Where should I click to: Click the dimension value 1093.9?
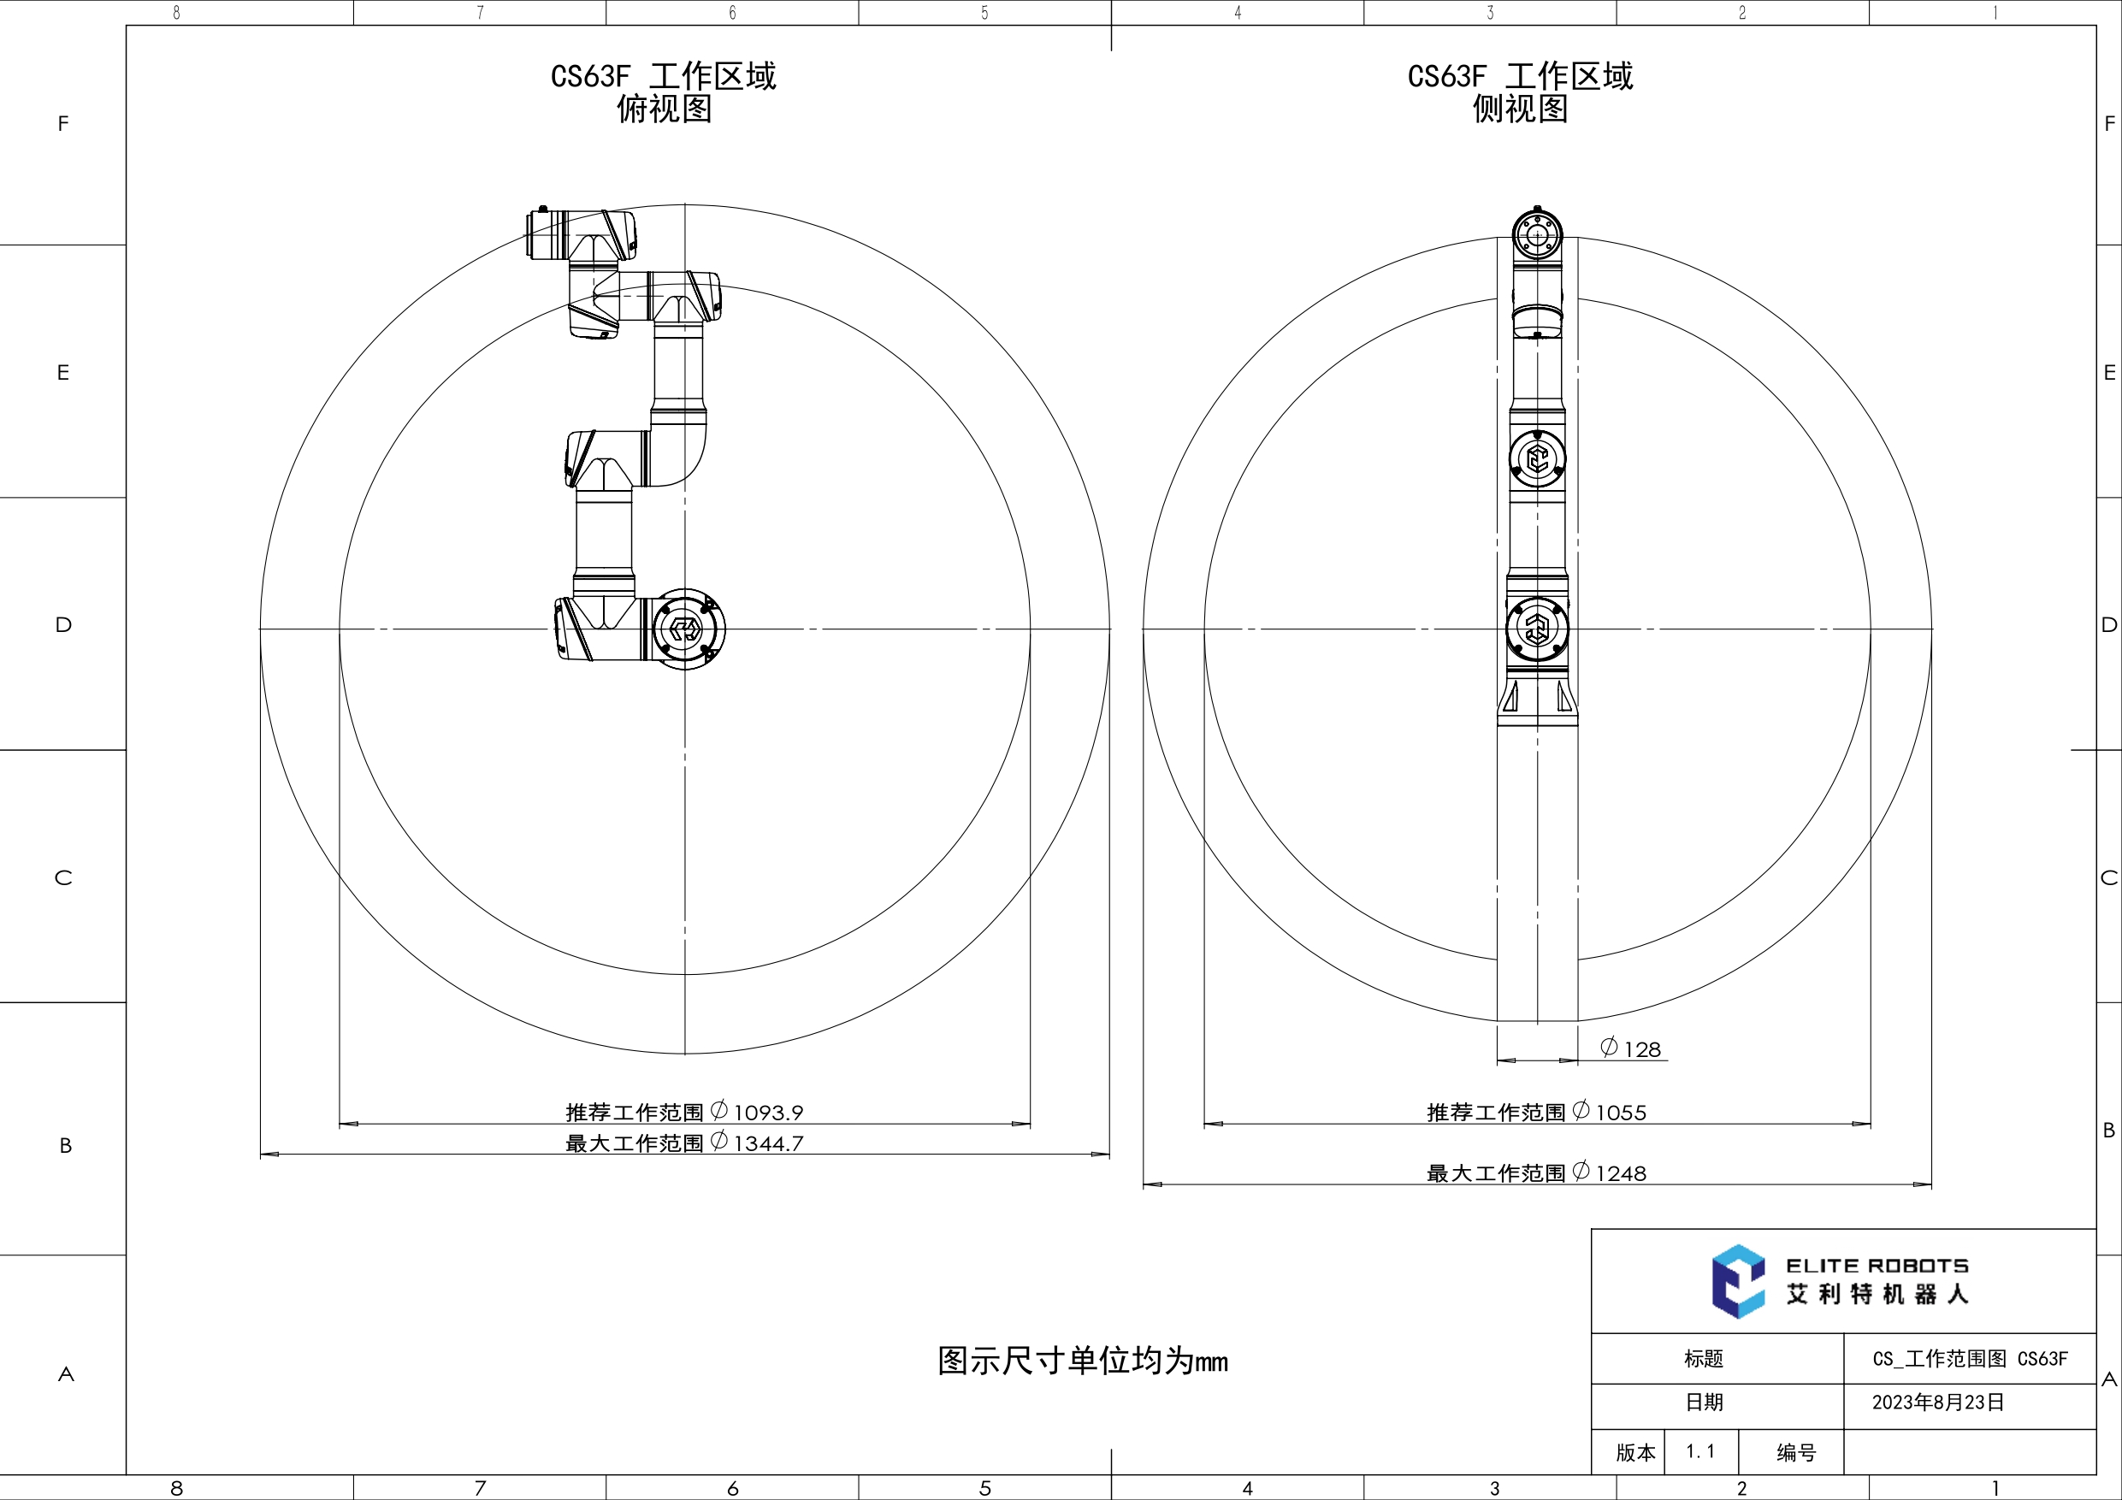click(x=768, y=1113)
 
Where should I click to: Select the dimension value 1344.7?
click(x=768, y=1143)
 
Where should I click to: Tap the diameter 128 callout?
click(x=1632, y=1049)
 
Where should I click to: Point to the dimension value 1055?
click(x=1620, y=1113)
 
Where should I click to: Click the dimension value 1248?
click(x=1620, y=1174)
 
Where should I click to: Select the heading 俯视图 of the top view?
click(x=664, y=109)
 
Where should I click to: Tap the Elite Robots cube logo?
click(x=1737, y=1281)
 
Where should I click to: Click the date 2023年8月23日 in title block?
click(x=1938, y=1402)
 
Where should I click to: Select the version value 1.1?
click(x=1699, y=1451)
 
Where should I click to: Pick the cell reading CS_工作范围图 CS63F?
click(x=1970, y=1359)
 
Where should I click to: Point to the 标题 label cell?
click(x=1703, y=1359)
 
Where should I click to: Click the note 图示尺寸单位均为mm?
click(x=1082, y=1361)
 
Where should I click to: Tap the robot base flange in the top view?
click(x=685, y=629)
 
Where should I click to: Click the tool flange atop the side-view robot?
click(x=1537, y=235)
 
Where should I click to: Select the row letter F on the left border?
click(x=62, y=124)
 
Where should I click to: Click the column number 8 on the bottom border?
click(x=176, y=1488)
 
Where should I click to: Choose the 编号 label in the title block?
click(x=1796, y=1453)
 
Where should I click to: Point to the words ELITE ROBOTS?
click(x=1877, y=1267)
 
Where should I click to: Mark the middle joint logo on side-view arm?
click(x=1537, y=458)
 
